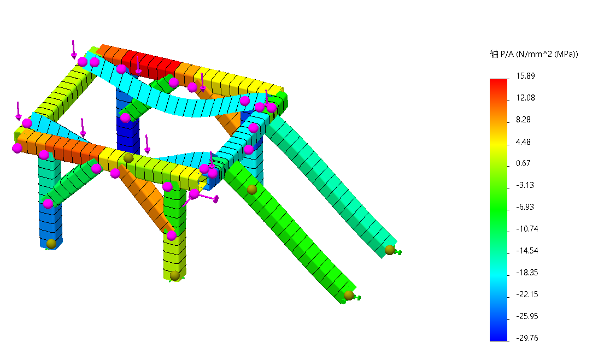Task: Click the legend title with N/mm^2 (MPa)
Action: click(x=533, y=54)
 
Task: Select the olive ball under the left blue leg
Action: click(x=51, y=244)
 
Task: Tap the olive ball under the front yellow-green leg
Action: click(x=175, y=275)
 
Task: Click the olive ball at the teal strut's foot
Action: click(x=389, y=250)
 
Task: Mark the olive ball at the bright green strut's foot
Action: click(x=349, y=296)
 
